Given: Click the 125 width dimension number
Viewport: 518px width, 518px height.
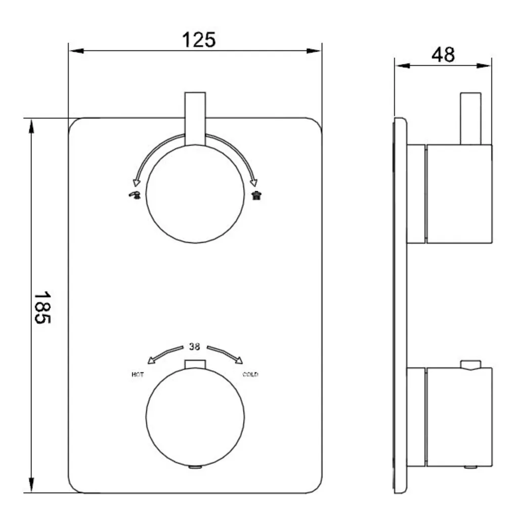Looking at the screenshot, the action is [x=199, y=40].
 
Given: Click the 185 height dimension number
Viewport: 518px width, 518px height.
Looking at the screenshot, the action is [x=42, y=308].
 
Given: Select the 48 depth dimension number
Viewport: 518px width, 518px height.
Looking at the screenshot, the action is [x=443, y=55].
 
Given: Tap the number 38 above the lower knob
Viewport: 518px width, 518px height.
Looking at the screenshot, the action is [x=194, y=347].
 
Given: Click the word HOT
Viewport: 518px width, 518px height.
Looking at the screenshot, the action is [x=138, y=375].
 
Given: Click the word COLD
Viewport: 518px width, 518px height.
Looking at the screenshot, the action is [x=250, y=374].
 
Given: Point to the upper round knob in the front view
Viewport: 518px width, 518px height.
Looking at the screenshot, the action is [x=195, y=194].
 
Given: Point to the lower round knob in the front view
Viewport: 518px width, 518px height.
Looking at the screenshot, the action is [x=195, y=417].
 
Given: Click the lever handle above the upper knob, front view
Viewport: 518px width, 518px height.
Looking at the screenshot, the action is [x=195, y=118].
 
